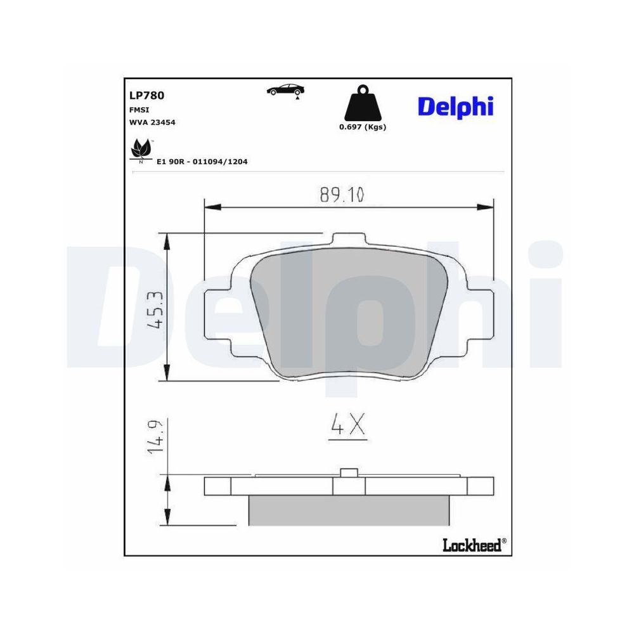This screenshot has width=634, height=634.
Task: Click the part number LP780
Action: pyautogui.click(x=146, y=96)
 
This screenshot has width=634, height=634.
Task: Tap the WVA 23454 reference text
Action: pyautogui.click(x=152, y=122)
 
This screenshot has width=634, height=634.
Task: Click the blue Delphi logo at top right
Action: pyautogui.click(x=455, y=106)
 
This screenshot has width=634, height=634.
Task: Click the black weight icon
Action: pyautogui.click(x=363, y=105)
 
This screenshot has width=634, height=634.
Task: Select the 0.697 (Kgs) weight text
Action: pyautogui.click(x=363, y=127)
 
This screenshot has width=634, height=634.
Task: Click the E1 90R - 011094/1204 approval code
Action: pyautogui.click(x=202, y=162)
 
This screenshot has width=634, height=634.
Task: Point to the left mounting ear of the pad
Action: pyautogui.click(x=217, y=314)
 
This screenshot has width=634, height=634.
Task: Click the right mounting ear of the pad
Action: pyautogui.click(x=479, y=314)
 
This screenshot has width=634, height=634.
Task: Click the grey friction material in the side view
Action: pyautogui.click(x=349, y=510)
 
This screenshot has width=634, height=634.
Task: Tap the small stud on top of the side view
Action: pyautogui.click(x=349, y=472)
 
